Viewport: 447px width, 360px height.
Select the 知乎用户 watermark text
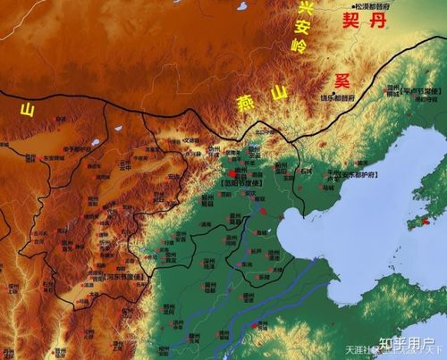click(402, 342)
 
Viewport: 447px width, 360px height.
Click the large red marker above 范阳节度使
click(234, 173)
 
